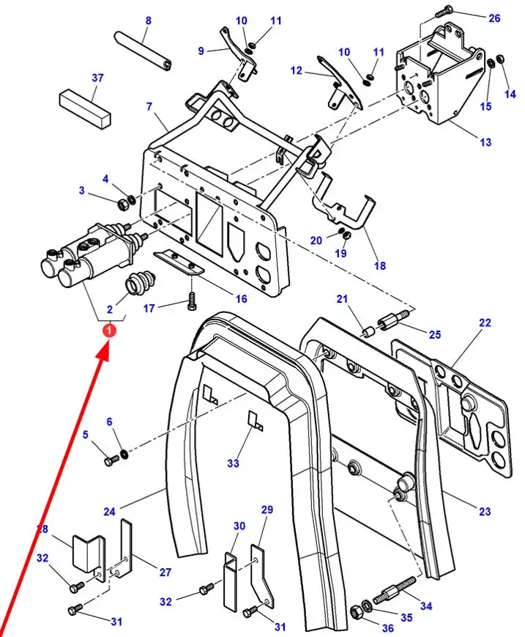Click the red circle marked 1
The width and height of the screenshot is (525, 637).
pyautogui.click(x=109, y=331)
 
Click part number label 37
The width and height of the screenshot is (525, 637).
pyautogui.click(x=98, y=78)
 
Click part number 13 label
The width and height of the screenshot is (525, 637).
pyautogui.click(x=485, y=142)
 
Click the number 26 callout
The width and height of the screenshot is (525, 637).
pyautogui.click(x=494, y=18)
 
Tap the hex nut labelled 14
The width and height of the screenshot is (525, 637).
pyautogui.click(x=500, y=59)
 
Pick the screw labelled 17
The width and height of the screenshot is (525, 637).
pyautogui.click(x=192, y=301)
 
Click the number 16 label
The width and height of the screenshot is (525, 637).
pyautogui.click(x=242, y=299)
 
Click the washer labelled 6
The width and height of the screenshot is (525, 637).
pyautogui.click(x=124, y=453)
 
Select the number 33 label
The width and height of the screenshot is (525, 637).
pyautogui.click(x=234, y=463)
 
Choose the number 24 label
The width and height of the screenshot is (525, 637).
pyautogui.click(x=109, y=512)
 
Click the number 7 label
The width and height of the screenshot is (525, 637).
pyautogui.click(x=149, y=106)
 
